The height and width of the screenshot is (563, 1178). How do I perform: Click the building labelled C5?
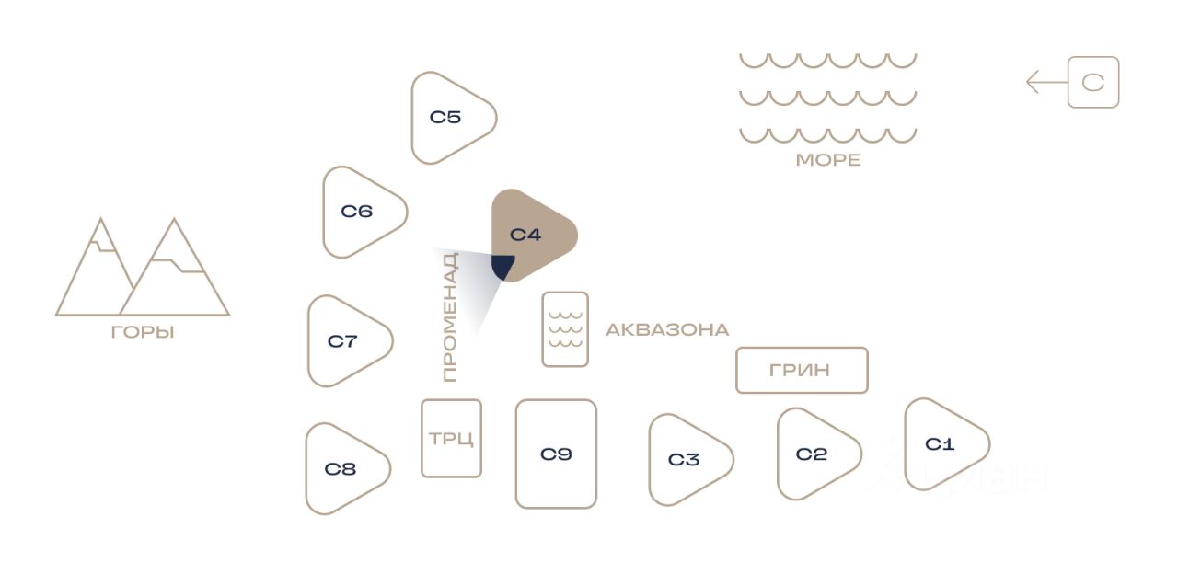[447, 118]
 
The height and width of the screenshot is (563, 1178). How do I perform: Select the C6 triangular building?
[359, 212]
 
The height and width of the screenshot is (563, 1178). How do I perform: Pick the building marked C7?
[344, 341]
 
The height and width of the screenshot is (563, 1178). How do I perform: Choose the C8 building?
[341, 469]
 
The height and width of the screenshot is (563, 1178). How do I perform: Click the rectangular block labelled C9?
[556, 454]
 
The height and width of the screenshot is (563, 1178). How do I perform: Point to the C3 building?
[685, 460]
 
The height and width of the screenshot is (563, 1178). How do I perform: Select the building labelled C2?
[813, 454]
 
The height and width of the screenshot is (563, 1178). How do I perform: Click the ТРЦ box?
[451, 438]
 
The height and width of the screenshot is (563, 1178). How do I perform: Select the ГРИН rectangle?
[801, 370]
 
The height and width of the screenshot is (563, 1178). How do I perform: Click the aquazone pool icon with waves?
[565, 329]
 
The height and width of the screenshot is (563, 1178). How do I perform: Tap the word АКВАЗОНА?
[667, 329]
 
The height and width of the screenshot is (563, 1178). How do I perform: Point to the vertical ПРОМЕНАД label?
[449, 317]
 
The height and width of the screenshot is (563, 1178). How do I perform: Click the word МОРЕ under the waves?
[828, 160]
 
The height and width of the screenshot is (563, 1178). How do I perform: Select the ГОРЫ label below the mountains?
[143, 332]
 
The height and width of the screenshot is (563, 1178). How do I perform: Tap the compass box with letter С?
[1093, 83]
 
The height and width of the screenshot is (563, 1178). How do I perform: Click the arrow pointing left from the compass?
[1045, 83]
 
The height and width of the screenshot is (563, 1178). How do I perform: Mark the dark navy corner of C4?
[502, 267]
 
